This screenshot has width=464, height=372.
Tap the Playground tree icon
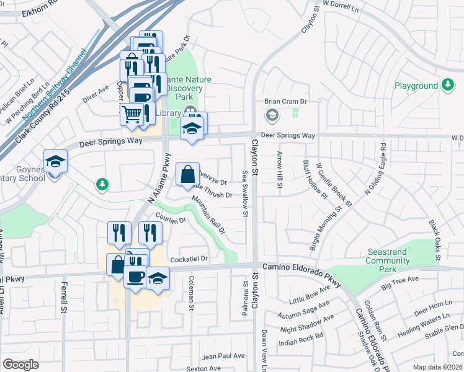point(448,85)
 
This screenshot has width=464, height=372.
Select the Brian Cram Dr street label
point(287,101)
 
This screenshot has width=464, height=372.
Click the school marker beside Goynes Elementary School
point(56,162)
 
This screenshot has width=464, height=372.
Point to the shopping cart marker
point(132,114)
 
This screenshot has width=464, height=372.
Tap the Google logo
point(20,365)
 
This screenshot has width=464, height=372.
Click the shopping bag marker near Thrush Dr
point(188,175)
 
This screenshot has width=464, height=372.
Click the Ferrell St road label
point(64,298)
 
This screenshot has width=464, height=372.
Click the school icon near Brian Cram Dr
point(272,115)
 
